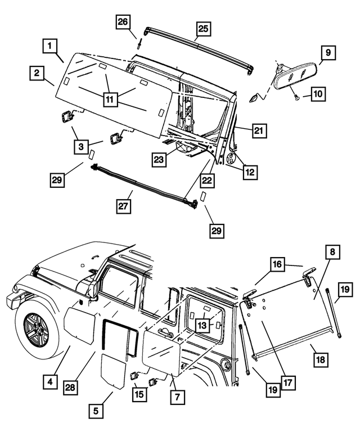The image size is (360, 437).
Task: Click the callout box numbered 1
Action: [x=50, y=45]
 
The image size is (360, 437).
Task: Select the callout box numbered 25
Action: [x=203, y=29]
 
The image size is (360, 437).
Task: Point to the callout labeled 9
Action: [x=327, y=53]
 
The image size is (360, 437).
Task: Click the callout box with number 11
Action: [x=110, y=99]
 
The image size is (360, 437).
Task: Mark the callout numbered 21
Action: [x=258, y=130]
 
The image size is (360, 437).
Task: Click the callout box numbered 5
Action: [x=96, y=412]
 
